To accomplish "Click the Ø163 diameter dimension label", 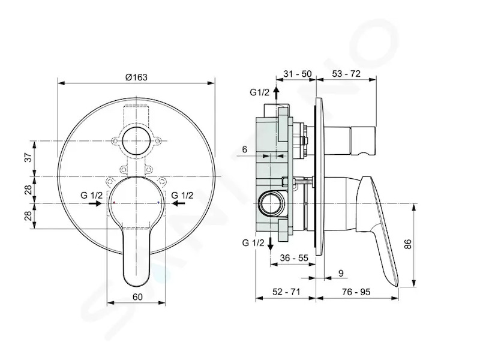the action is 136,77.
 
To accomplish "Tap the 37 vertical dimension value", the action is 28,158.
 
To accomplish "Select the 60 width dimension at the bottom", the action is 138,296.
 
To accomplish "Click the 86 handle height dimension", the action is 408,244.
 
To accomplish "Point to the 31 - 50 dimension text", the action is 297,74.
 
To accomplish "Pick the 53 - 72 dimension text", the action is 346,74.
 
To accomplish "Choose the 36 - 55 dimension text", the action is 294,258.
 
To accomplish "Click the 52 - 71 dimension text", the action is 286,292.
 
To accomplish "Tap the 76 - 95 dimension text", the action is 356,292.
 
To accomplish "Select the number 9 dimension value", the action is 341,273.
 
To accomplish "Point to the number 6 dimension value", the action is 244,149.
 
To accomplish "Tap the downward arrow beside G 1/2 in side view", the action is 271,244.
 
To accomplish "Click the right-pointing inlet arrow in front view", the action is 95,203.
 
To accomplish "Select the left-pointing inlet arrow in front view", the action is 178,203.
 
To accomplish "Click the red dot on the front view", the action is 114,203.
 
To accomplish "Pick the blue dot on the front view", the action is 158,203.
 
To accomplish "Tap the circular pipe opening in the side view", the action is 272,203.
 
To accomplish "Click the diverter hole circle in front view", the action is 136,141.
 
